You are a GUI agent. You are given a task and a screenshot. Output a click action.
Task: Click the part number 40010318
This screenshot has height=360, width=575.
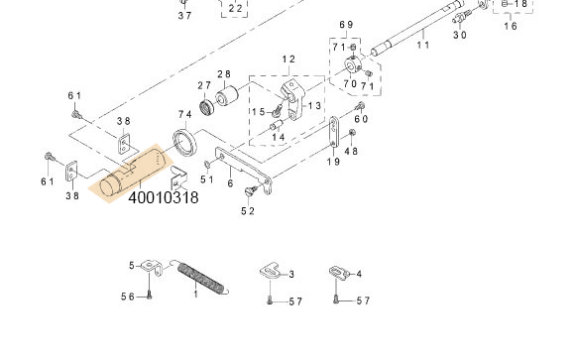tap(163, 197)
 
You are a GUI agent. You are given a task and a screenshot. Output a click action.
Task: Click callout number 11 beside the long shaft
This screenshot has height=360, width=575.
tap(423, 45)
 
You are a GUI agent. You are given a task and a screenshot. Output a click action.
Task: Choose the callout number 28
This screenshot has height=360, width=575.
tap(224, 74)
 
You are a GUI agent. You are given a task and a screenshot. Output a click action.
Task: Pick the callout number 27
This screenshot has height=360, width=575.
tap(204, 85)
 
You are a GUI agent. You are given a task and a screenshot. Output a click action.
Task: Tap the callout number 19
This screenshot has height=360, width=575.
tap(333, 161)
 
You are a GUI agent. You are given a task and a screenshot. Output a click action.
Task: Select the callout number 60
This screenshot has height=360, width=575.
tap(361, 119)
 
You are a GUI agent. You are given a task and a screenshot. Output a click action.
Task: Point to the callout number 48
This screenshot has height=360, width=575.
tap(351, 151)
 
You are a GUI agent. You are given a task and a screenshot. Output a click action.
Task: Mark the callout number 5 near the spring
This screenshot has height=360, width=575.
tap(131, 265)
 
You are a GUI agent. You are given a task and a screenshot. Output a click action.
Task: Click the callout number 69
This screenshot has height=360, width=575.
tap(346, 24)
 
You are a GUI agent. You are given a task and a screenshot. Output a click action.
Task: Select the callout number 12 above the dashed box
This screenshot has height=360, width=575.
tap(288, 60)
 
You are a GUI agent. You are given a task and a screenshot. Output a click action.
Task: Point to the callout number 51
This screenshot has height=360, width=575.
tap(207, 180)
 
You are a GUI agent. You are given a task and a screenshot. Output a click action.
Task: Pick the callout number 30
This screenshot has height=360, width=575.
tap(460, 35)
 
